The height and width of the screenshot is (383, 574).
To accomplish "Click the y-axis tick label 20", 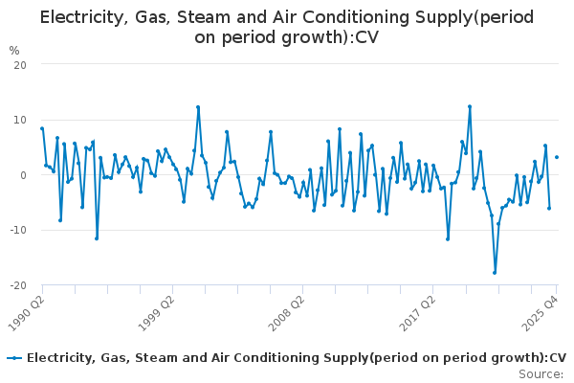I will tap(19, 64).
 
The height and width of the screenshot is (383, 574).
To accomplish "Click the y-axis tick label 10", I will tap(19, 120).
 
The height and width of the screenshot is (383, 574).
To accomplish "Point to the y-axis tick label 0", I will tap(22, 175).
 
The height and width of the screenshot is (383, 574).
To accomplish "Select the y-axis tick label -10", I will tap(17, 231).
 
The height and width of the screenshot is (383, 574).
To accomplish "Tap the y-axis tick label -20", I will tap(17, 286).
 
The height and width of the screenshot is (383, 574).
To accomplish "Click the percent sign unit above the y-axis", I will tap(13, 50).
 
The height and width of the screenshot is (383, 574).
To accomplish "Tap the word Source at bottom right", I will tap(541, 373).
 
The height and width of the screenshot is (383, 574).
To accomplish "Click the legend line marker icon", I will tap(13, 358).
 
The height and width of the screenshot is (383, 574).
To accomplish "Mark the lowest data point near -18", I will tap(495, 273).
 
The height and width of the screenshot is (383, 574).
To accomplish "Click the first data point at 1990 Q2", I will tap(42, 128).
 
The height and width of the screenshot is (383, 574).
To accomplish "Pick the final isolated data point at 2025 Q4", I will tap(557, 157).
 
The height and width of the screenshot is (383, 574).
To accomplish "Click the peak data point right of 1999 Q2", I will tap(198, 107).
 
